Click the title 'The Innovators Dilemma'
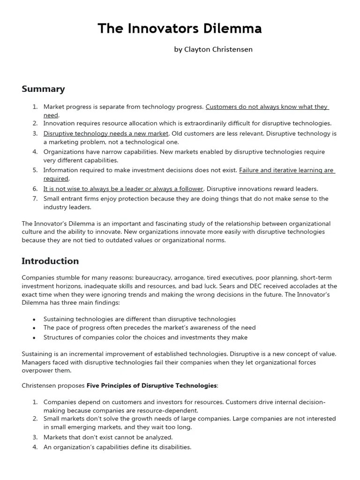tap(180, 29)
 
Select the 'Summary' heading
tap(43, 89)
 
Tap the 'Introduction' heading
tap(50, 261)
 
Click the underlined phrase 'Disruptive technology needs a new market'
tap(105, 134)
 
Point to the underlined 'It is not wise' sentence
tap(123, 188)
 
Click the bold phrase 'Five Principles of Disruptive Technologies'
tap(152, 385)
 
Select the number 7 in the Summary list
tap(35, 199)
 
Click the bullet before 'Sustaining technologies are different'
tap(34, 319)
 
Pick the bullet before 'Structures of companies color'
tap(34, 337)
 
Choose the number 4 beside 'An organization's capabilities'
tap(35, 447)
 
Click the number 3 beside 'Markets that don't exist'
tap(35, 437)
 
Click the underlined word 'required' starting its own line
tap(56, 179)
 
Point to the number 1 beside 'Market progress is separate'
tap(35, 107)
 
